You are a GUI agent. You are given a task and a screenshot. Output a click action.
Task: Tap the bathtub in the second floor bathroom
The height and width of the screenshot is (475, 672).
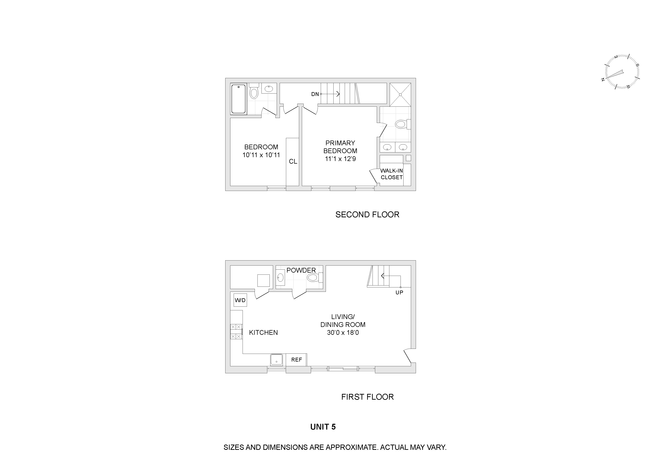click(239, 99)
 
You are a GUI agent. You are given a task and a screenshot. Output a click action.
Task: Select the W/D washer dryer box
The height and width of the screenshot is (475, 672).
click(240, 300)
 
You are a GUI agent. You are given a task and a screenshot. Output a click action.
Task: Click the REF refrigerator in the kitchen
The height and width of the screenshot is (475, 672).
click(296, 360)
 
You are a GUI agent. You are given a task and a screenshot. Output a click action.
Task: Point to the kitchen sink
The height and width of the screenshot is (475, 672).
click(277, 359)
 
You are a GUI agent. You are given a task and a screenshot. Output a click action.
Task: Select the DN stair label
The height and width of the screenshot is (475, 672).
click(315, 94)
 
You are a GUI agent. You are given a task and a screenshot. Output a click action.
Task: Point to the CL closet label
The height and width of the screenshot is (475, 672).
click(293, 162)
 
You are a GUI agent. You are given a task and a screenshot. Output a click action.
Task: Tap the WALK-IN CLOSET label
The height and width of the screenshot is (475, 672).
click(392, 174)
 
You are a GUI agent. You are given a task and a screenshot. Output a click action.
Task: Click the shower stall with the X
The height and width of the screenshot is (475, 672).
click(400, 94)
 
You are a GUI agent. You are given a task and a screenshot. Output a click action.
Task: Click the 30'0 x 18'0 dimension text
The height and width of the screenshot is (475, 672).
click(343, 333)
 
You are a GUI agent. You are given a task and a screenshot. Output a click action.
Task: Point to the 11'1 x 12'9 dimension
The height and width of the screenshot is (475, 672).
click(340, 159)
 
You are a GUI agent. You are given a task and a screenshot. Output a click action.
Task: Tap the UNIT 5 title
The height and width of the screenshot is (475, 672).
click(323, 427)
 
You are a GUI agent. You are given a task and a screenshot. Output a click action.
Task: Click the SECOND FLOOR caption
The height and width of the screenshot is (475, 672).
click(367, 215)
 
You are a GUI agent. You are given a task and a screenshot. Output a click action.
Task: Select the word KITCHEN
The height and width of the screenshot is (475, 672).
click(263, 333)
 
